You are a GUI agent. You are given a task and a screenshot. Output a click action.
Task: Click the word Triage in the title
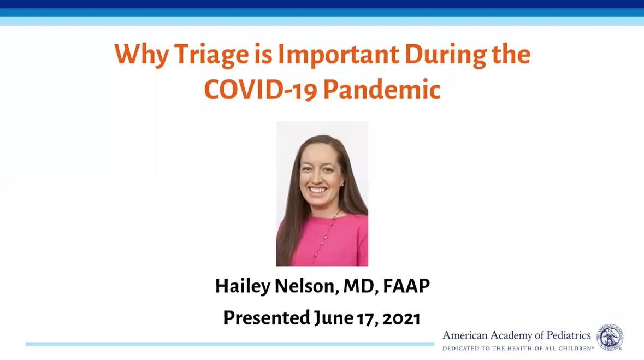(x=211, y=55)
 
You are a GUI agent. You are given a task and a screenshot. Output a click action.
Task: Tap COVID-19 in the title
(x=261, y=89)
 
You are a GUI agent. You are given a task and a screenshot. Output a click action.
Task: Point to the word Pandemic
(x=382, y=89)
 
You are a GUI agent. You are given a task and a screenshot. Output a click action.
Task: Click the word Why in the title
(x=141, y=55)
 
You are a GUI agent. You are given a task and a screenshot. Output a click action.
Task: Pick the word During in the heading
(x=445, y=55)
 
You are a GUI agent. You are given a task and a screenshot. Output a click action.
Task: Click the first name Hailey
(x=243, y=286)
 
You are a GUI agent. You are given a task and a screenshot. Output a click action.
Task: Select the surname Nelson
(x=306, y=286)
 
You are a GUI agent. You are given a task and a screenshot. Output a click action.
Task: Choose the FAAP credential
(x=406, y=286)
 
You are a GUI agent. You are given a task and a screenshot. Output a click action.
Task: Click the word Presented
(x=267, y=318)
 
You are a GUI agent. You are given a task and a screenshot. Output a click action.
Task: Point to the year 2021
(x=401, y=318)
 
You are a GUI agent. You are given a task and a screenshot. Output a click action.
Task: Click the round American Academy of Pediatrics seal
(x=610, y=338)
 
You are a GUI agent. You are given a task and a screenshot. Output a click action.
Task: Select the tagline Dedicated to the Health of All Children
(x=517, y=349)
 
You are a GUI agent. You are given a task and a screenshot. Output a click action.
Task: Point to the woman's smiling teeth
(x=317, y=191)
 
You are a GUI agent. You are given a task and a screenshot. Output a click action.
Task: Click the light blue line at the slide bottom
(x=229, y=344)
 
